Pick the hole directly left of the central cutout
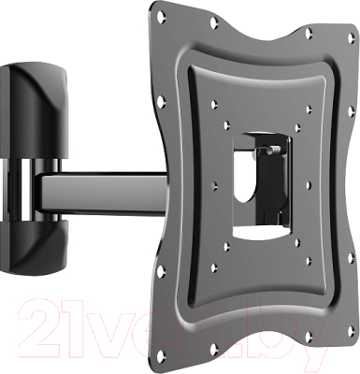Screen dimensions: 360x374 [214, 186]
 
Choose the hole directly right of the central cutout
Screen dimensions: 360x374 [308, 185]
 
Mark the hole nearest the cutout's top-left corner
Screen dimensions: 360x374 [227, 124]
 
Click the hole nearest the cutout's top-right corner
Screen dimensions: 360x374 [297, 127]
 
